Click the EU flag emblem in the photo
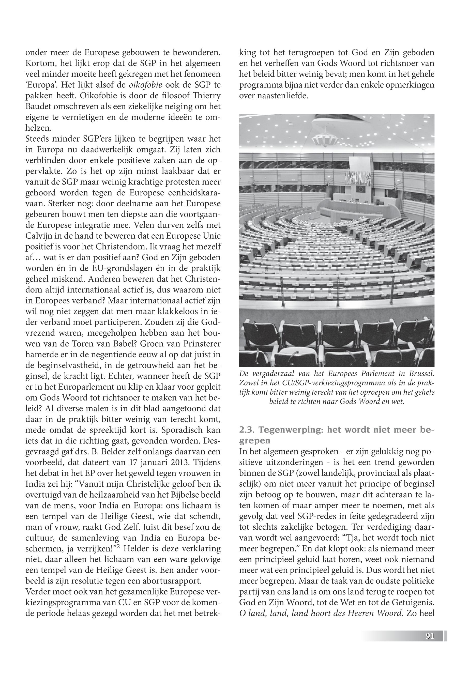pyautogui.click(x=360, y=189)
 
